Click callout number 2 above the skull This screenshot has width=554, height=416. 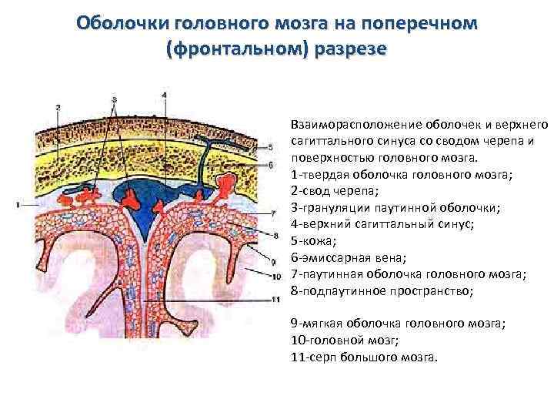coord(58,107)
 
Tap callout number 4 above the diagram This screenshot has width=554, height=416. coord(164,96)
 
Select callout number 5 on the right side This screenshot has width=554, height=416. coord(269,146)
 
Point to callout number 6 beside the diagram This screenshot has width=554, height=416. coord(269,164)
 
